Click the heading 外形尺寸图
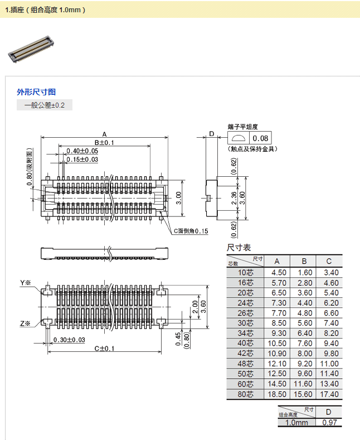pos(36,92)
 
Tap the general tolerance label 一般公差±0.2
pos(45,105)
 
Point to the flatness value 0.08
pos(260,138)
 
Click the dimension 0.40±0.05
pos(82,151)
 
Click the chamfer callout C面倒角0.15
pos(191,231)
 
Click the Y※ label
pos(25,283)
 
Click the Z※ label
pos(25,323)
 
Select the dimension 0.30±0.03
pos(69,340)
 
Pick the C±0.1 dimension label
pos(104,349)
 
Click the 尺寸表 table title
pos(239,247)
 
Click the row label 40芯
pos(245,344)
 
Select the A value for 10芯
pos(279,272)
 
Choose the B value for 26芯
pos(304,313)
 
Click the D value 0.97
pos(329,423)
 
